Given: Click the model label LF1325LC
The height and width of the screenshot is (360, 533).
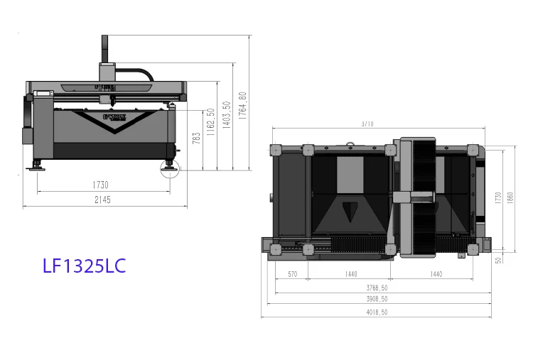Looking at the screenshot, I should (84, 267).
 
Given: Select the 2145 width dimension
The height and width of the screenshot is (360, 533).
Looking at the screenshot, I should (102, 200).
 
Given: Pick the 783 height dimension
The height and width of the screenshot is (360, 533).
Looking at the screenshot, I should (197, 139).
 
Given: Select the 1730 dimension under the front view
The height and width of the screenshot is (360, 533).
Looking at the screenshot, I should (100, 185).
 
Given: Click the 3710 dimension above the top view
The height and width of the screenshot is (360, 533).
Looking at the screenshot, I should (367, 124).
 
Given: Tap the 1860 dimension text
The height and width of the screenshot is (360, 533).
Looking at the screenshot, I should (509, 199).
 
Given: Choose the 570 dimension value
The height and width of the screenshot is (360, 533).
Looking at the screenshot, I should (292, 274).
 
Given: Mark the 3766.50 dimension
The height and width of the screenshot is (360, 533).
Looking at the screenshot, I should (377, 288).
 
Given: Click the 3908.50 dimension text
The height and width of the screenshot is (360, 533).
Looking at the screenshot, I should (377, 299).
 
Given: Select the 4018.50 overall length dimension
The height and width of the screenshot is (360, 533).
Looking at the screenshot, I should (377, 312).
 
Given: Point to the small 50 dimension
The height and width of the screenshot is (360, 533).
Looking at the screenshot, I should (499, 261).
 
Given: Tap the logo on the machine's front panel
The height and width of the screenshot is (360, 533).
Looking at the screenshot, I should (114, 116).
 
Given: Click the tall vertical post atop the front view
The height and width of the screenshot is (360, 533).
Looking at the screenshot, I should (104, 48).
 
